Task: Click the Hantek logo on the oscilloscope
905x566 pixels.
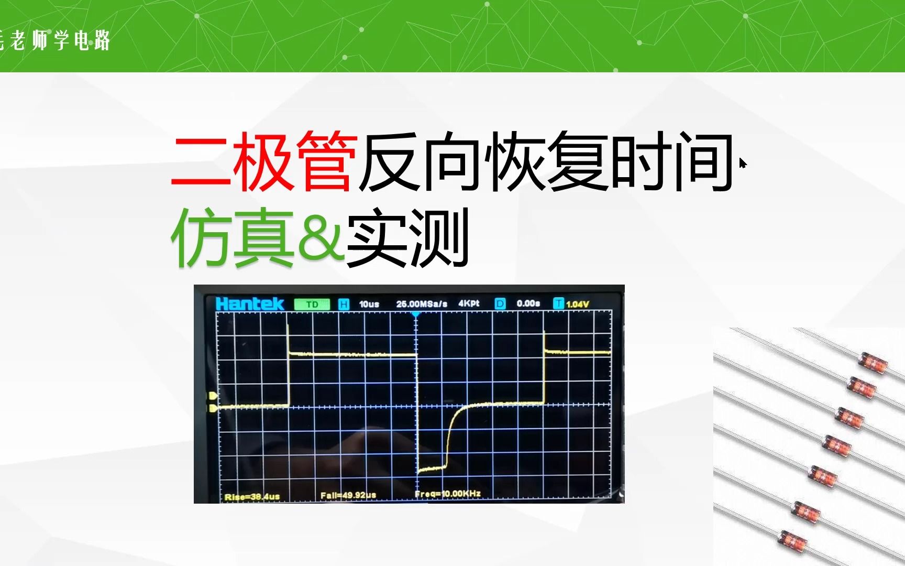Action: [249, 304]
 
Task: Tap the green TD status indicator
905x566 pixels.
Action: [312, 304]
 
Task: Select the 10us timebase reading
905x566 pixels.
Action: [369, 304]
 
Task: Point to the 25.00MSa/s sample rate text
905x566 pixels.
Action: [422, 304]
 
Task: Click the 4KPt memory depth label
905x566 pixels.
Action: [469, 303]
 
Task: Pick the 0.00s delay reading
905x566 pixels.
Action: [528, 303]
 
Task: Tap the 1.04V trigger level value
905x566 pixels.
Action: [578, 304]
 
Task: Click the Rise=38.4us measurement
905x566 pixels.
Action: [252, 496]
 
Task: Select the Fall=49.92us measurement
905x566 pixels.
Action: [348, 495]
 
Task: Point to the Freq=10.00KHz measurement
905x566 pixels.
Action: [448, 494]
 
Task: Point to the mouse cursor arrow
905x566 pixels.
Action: [743, 164]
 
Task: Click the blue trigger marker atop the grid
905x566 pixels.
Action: [416, 314]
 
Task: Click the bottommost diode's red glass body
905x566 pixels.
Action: [792, 540]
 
